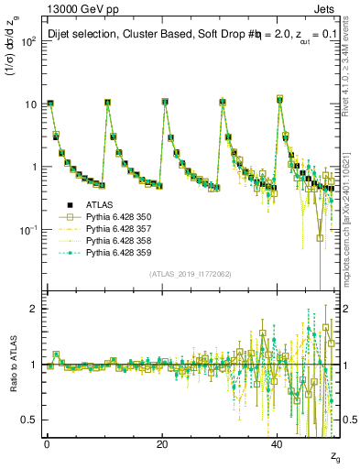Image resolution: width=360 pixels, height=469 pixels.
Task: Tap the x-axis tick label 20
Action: tap(162, 442)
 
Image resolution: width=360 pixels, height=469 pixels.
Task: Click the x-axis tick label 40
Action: tap(277, 442)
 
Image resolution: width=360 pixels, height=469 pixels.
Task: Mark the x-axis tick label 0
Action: tap(47, 442)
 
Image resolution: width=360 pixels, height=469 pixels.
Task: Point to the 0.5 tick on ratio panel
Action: tap(28, 420)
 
